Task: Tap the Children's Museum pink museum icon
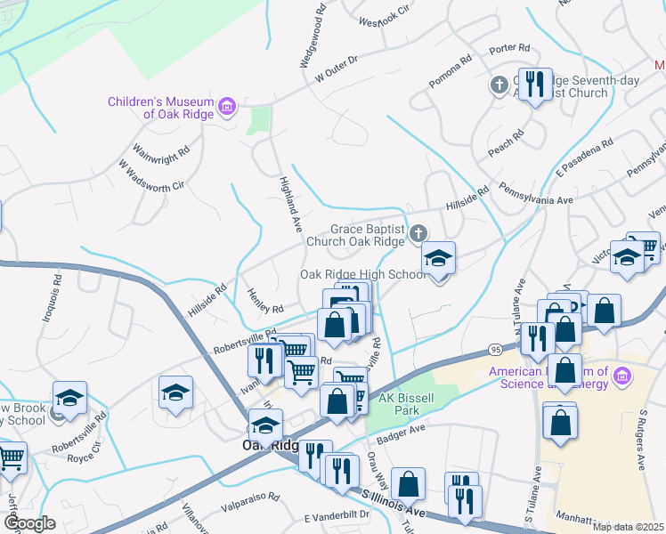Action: tap(227, 108)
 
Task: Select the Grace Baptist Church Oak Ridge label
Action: tap(355, 235)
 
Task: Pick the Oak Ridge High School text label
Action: tap(363, 274)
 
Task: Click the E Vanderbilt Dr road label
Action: tap(337, 515)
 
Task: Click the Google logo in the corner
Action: tap(29, 522)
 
